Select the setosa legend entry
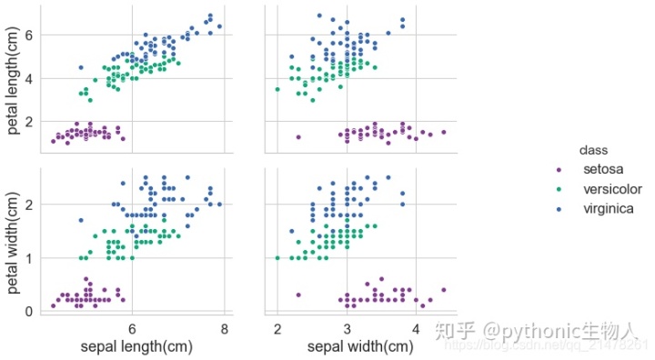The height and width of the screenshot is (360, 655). click(x=603, y=169)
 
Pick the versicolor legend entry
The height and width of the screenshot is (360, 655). click(x=616, y=189)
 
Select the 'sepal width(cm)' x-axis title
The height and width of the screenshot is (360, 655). click(x=359, y=346)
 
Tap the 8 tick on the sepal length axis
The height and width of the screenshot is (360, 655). click(x=225, y=327)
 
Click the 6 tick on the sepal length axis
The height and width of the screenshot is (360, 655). click(x=132, y=327)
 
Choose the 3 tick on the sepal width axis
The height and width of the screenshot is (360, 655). click(x=347, y=327)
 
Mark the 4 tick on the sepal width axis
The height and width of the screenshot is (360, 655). click(x=416, y=327)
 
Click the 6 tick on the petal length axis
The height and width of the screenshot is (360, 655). click(x=28, y=35)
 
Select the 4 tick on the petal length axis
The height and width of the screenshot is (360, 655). click(x=28, y=78)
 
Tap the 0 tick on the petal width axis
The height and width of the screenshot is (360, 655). click(x=28, y=311)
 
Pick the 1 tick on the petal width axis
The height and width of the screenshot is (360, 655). click(x=28, y=257)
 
